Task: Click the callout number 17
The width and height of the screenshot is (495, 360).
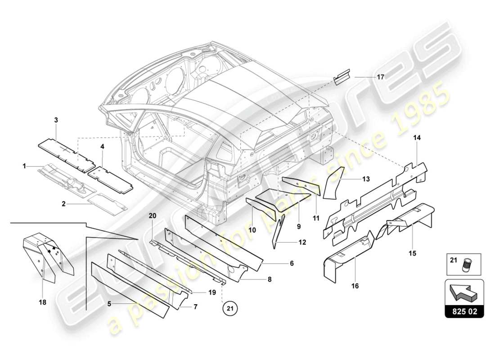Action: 381,77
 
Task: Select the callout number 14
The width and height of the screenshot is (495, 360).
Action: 417,138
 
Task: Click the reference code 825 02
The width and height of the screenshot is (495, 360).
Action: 465,311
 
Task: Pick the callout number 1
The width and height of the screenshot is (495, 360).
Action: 24,166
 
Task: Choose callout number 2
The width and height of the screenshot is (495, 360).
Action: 64,204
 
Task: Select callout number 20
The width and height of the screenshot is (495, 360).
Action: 152,216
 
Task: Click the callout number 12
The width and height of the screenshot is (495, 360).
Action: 302,242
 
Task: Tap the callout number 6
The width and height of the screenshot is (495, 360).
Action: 292,263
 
